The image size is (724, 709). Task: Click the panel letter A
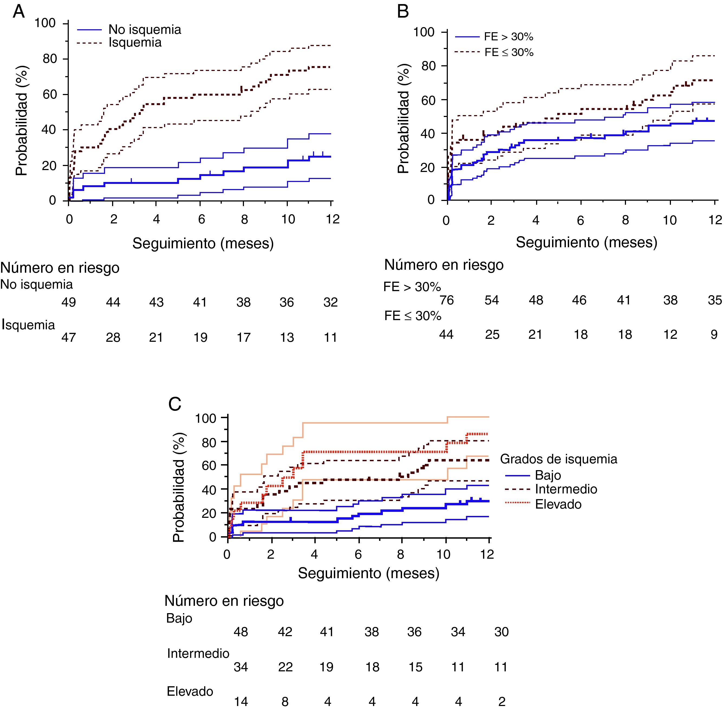coord(19,12)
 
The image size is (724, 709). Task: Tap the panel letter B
coord(403,12)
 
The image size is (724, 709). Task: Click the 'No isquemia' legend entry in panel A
coord(144,30)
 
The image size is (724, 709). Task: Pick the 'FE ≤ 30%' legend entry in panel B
coord(508,53)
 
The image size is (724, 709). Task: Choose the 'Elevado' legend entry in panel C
coord(558,504)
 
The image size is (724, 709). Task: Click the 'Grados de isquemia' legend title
coord(558,459)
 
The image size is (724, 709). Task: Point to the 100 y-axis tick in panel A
coord(45,23)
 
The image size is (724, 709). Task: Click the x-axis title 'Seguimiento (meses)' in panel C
coord(368,573)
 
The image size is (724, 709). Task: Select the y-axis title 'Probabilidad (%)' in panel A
coord(22,121)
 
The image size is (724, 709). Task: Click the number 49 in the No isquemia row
coord(69,302)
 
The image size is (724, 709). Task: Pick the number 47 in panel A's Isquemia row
coord(69,337)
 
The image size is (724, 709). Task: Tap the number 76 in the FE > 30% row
coord(447,300)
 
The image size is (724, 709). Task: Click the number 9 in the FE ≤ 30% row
coord(714,334)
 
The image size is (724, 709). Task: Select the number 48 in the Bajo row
coord(241,632)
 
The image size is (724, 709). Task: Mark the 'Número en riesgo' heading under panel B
coord(444,265)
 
